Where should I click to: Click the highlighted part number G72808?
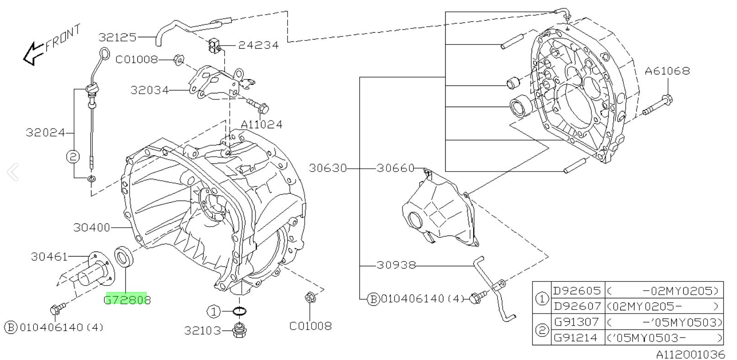[x=127, y=300]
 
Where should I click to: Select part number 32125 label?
[x=117, y=37]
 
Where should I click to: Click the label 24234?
[x=258, y=45]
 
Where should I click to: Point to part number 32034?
[x=149, y=90]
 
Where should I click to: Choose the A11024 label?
[x=261, y=124]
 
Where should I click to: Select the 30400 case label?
[x=92, y=227]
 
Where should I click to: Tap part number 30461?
[x=49, y=257]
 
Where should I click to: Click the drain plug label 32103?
[x=203, y=331]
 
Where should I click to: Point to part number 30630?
[x=328, y=168]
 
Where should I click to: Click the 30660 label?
[x=396, y=168]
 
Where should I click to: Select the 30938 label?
[x=396, y=265]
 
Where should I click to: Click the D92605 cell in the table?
[x=577, y=291]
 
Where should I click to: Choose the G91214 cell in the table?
[x=577, y=338]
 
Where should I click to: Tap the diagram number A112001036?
[x=690, y=354]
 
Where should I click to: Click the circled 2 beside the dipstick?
[x=73, y=157]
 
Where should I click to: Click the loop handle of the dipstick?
[x=105, y=54]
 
